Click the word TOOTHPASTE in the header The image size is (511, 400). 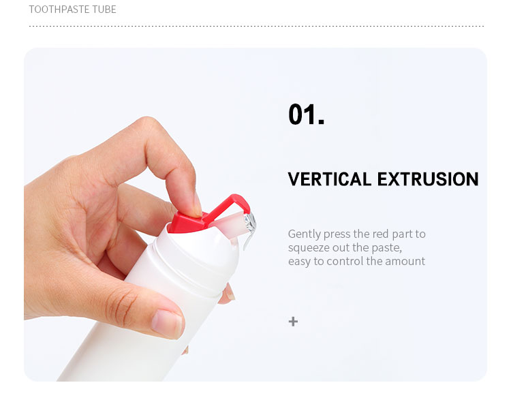tap(59, 10)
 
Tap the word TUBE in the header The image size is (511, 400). tap(104, 10)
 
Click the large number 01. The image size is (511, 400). tap(306, 114)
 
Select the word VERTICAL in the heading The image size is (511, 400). tap(330, 179)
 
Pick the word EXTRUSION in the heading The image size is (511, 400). tap(428, 179)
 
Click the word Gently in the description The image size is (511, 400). tap(305, 234)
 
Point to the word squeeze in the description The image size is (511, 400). tap(309, 249)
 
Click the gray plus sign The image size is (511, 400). tap(293, 322)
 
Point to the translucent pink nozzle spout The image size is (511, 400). tap(229, 221)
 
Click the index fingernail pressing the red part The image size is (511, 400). tap(198, 204)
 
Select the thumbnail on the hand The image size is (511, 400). tap(167, 324)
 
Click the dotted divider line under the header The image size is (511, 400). tap(256, 26)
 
